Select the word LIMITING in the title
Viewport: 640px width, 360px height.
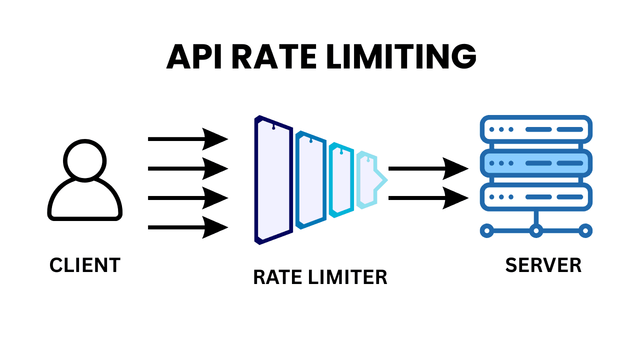pyautogui.click(x=400, y=57)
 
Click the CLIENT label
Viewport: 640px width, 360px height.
pyautogui.click(x=85, y=265)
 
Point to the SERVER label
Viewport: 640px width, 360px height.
pyautogui.click(x=543, y=265)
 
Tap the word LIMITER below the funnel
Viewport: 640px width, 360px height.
pyautogui.click(x=349, y=277)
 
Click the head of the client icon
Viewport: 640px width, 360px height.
pyautogui.click(x=85, y=159)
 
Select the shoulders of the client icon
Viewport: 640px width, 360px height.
pyautogui.click(x=85, y=202)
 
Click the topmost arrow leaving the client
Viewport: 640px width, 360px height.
pyautogui.click(x=187, y=139)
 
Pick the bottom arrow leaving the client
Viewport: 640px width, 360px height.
pyautogui.click(x=187, y=228)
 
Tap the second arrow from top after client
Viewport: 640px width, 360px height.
pyautogui.click(x=187, y=168)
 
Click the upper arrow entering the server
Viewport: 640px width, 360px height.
pyautogui.click(x=428, y=168)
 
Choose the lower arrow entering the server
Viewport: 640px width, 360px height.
pyautogui.click(x=428, y=198)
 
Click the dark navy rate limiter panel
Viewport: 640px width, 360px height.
pyautogui.click(x=273, y=180)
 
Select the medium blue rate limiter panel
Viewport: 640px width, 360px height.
pyautogui.click(x=311, y=180)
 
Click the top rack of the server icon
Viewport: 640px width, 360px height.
pyautogui.click(x=536, y=129)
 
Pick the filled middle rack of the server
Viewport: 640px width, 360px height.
pyautogui.click(x=536, y=163)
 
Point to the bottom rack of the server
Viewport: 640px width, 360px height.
pyautogui.click(x=536, y=196)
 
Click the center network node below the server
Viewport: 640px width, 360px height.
pyautogui.click(x=536, y=230)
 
